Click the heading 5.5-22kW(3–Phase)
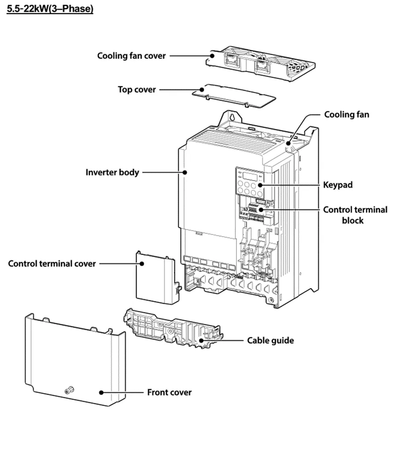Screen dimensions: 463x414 coord(50,9)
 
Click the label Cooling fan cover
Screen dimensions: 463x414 coord(131,56)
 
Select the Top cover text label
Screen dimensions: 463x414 coord(137,89)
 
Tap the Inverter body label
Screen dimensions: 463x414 coord(112,173)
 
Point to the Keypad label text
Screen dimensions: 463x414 coord(338,185)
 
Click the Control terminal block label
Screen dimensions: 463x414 coord(355,215)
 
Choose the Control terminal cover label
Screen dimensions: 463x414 coord(52,264)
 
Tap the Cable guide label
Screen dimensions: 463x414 coord(270,340)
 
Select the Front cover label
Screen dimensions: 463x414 coord(169,392)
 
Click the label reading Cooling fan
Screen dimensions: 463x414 coord(346,114)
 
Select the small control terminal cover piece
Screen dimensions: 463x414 coord(155,278)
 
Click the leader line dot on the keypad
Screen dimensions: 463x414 coord(260,185)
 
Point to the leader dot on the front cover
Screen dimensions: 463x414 coord(101,393)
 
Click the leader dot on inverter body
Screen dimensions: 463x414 coord(184,173)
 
